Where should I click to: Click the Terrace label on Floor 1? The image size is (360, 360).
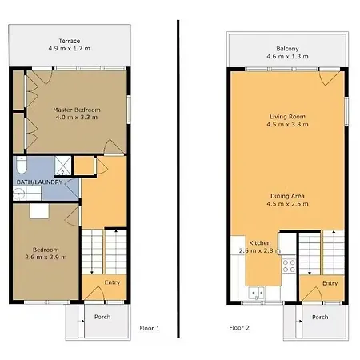[70, 41]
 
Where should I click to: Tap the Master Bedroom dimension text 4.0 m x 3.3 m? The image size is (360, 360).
[77, 117]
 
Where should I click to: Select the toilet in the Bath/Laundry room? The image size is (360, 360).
[22, 165]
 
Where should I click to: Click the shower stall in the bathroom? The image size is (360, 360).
[63, 166]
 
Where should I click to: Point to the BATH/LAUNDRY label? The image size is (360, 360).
[39, 182]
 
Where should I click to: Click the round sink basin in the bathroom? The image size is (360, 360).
[19, 194]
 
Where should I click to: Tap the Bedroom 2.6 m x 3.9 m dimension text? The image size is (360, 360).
[46, 258]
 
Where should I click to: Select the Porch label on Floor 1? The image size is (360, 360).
[102, 317]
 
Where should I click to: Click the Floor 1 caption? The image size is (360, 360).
[150, 328]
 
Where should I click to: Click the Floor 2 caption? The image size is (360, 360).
[239, 328]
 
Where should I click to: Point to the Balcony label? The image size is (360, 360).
[287, 49]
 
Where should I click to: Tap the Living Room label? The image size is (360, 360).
[287, 117]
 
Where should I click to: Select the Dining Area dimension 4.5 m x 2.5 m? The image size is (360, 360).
[287, 204]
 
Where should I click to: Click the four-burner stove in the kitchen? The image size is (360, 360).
[289, 266]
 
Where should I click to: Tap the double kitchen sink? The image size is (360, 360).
[256, 293]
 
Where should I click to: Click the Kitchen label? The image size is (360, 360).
[260, 243]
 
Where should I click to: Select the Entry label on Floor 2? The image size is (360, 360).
[330, 283]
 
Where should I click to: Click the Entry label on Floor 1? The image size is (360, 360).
[112, 282]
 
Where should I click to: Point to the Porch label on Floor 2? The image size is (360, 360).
[320, 317]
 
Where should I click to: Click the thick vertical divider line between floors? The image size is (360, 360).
[178, 178]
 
